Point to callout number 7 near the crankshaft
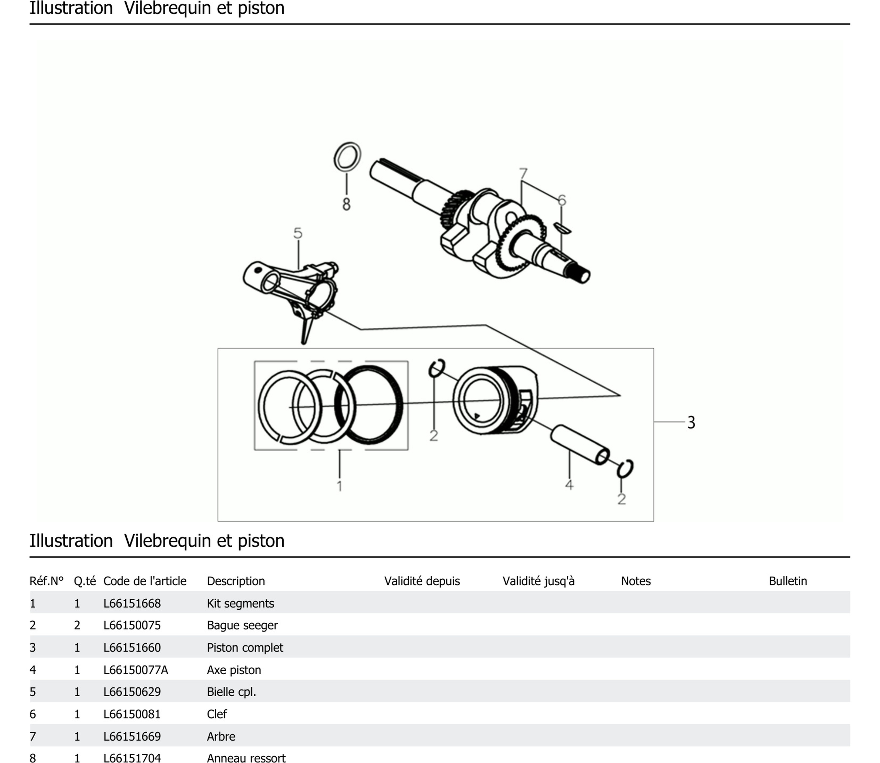523,174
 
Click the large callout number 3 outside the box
691,422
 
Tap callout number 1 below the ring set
339,486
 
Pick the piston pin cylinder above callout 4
579,445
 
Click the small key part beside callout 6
562,228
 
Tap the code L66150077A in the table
135,670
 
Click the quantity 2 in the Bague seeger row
77,625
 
